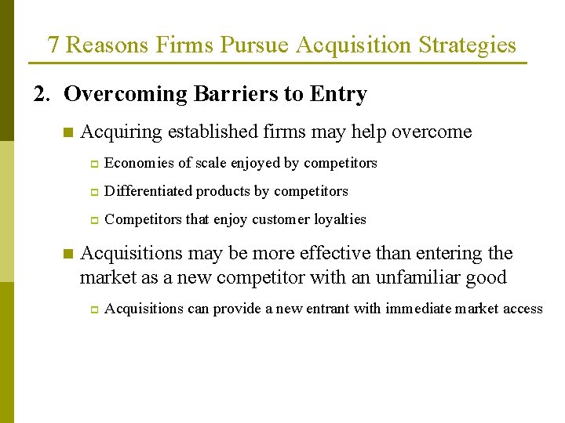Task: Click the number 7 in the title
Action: coord(53,45)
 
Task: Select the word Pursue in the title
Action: coord(252,45)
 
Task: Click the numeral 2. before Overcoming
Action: coord(42,95)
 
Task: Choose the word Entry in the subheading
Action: coord(338,95)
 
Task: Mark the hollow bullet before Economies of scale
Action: coord(92,164)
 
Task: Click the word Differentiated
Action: coord(148,191)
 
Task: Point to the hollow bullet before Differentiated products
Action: coord(92,192)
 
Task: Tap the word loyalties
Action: coord(339,219)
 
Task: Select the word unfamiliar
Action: coord(420,277)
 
